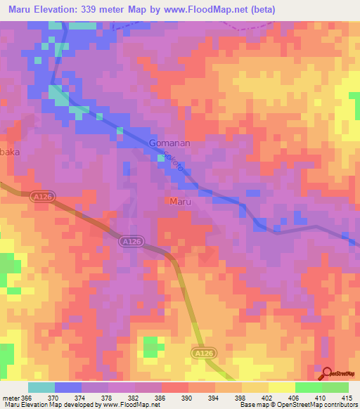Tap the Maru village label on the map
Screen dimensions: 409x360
point(180,201)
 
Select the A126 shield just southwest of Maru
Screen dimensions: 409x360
point(131,241)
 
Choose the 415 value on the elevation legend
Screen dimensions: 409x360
point(347,397)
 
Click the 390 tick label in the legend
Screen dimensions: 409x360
point(187,397)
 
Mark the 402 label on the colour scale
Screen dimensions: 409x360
point(266,397)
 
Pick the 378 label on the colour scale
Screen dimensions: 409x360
point(108,397)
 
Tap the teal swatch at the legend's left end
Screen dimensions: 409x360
point(41,387)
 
